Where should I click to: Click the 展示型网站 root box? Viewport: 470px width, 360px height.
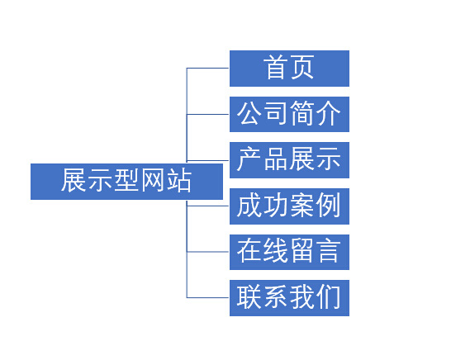point(126,182)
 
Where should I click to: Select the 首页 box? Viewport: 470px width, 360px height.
point(289,69)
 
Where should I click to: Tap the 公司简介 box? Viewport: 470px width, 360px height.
point(289,114)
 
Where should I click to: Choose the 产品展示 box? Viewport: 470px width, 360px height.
point(289,160)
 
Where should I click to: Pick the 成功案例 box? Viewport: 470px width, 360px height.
point(289,206)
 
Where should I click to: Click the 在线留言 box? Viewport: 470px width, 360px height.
point(289,252)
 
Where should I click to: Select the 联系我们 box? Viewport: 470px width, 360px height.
point(289,298)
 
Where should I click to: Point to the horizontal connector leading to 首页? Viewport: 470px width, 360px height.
point(207,68)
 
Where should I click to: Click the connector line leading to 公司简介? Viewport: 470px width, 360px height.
point(207,114)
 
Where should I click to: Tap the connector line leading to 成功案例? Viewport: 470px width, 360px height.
point(207,206)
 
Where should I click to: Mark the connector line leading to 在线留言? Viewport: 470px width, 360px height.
point(207,252)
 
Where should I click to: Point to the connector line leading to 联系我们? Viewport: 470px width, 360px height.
point(207,297)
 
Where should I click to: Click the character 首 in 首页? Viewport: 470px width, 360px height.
point(276,67)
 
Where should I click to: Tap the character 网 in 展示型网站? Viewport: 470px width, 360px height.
point(153,180)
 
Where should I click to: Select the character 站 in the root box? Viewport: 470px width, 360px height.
point(179,180)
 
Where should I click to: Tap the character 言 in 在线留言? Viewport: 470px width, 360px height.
point(329,251)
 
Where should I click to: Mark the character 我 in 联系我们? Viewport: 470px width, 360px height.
point(302,296)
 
